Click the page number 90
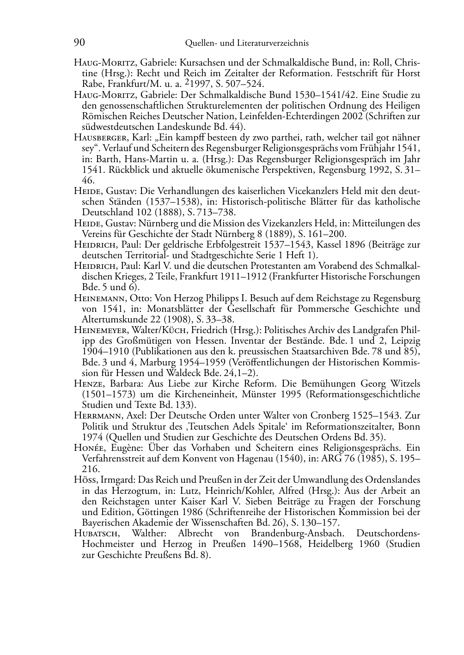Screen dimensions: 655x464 click(79, 43)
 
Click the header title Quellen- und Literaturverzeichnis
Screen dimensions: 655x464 click(246, 43)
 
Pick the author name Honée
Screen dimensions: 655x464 click(88, 448)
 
